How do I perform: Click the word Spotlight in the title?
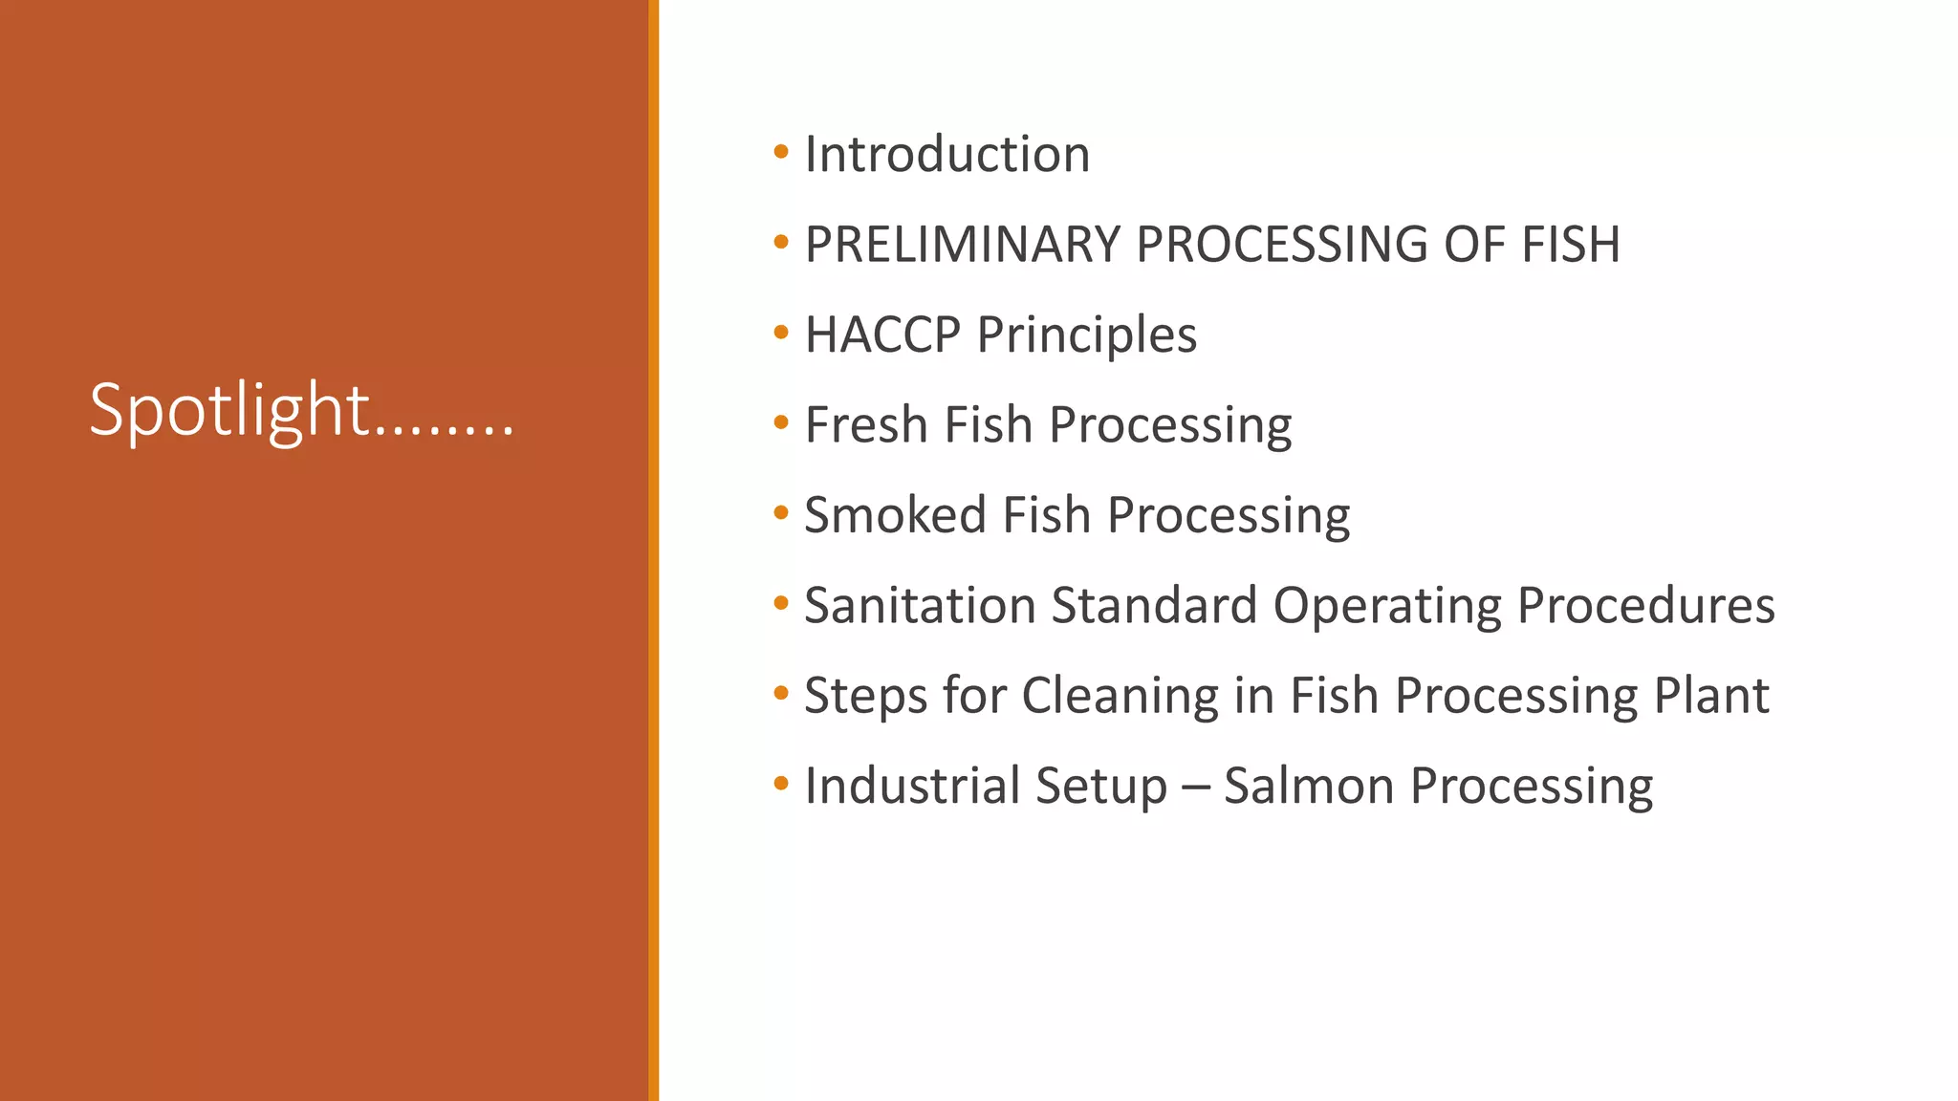[x=229, y=411]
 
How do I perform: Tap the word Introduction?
[x=946, y=155]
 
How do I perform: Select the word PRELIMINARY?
[x=962, y=245]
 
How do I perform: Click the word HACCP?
[x=881, y=335]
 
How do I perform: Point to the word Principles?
[x=1087, y=335]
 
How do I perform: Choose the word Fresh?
[x=865, y=425]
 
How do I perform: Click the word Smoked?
[x=895, y=515]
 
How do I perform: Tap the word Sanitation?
[x=920, y=606]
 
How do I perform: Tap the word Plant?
[x=1711, y=696]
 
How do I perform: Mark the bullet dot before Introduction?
[x=781, y=152]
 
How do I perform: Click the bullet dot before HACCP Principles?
[x=781, y=333]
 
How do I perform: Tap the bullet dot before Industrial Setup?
[x=781, y=784]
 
